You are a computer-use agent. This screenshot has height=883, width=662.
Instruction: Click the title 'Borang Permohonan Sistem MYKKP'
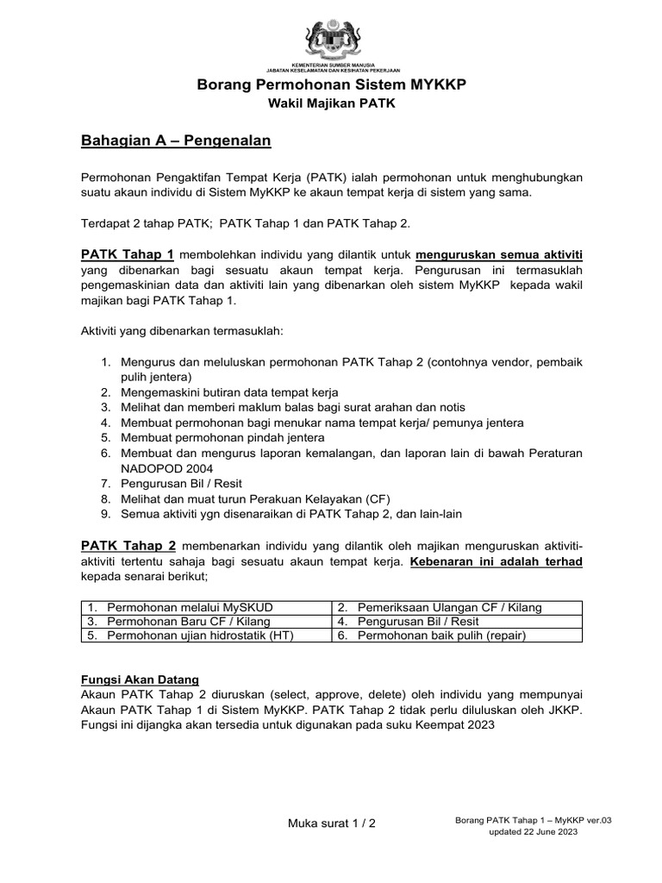tap(331, 85)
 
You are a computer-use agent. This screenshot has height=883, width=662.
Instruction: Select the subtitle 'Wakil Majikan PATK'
tap(331, 104)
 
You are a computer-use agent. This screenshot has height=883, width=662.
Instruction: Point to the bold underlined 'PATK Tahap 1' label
tap(128, 254)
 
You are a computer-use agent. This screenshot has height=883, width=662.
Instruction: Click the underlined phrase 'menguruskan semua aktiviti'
tap(499, 254)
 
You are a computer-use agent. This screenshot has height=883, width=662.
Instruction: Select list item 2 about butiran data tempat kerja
tap(228, 391)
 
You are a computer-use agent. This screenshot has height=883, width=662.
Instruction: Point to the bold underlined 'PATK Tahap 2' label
tap(128, 546)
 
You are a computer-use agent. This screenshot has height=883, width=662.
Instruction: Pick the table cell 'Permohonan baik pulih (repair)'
tap(441, 636)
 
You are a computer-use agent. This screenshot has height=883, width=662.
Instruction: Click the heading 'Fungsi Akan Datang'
tap(140, 679)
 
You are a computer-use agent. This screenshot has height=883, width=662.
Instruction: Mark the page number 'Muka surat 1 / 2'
tap(331, 823)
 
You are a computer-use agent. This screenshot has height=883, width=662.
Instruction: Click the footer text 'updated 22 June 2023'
tap(534, 833)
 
